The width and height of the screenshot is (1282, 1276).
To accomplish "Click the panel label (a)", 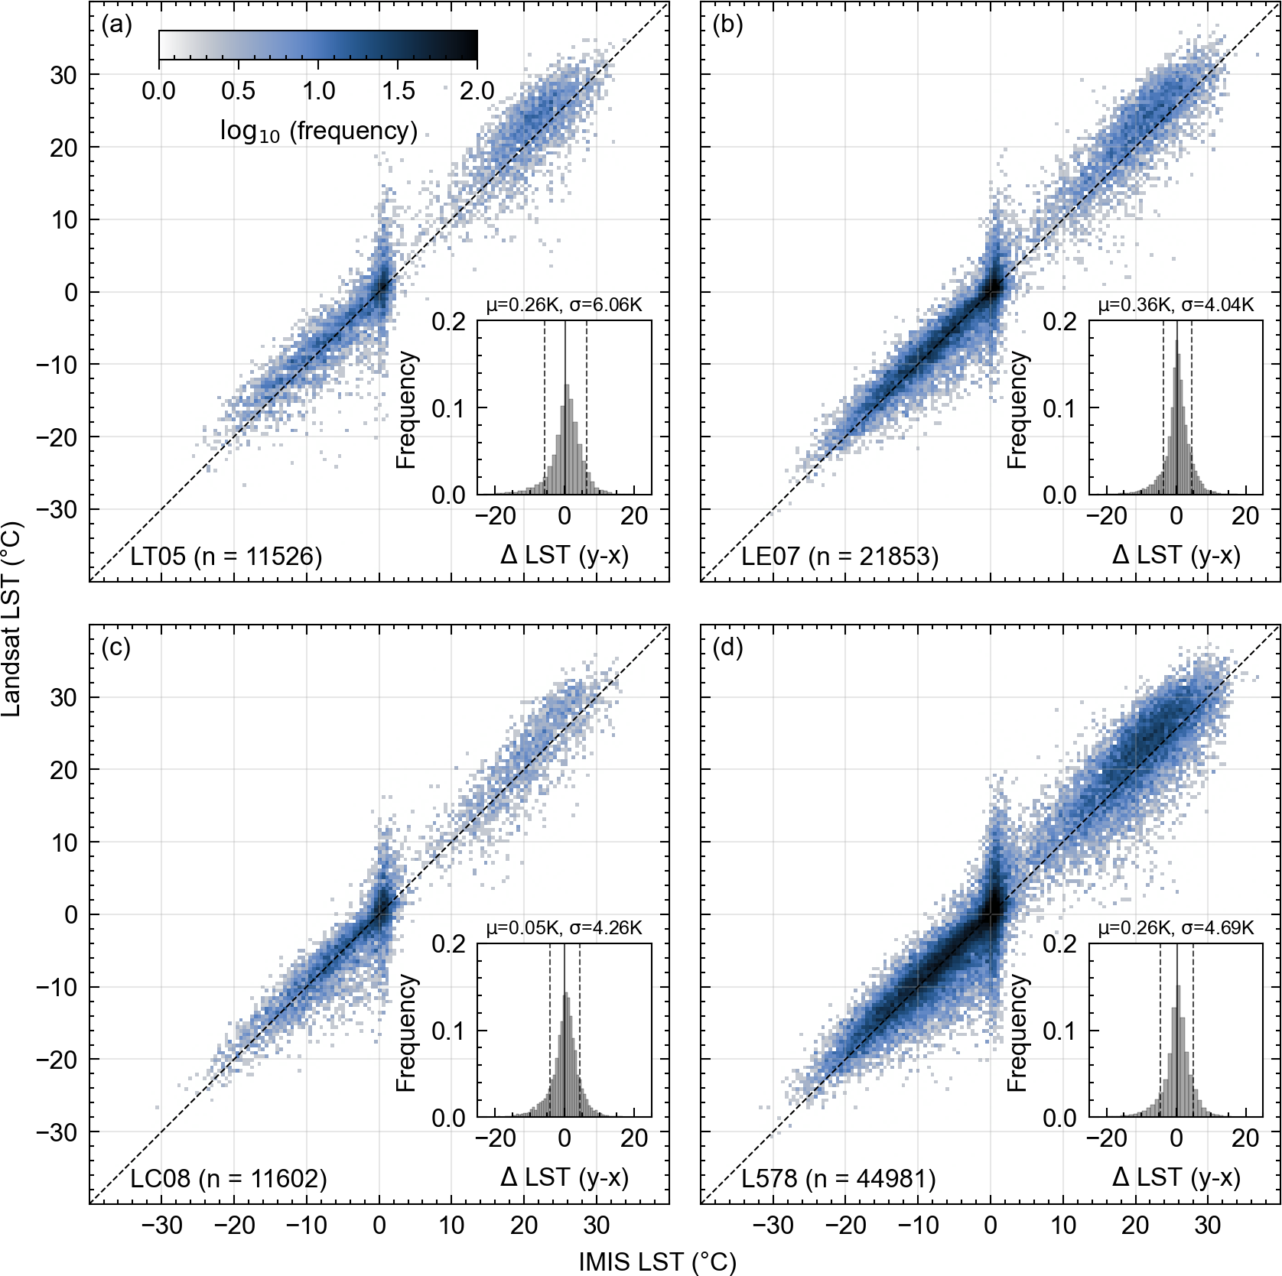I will pos(116,25).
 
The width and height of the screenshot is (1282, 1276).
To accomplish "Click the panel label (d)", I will pos(727,648).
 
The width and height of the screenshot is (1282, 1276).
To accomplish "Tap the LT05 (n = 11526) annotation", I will pos(226,556).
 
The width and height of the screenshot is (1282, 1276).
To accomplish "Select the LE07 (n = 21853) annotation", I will pos(839,556).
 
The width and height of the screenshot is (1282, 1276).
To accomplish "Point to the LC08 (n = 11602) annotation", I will pos(228,1178).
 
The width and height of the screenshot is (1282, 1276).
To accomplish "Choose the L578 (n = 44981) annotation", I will pos(838,1178).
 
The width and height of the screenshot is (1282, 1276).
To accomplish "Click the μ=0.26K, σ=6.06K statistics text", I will pos(564,305).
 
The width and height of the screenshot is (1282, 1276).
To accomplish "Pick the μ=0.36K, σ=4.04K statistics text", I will pos(1176,305).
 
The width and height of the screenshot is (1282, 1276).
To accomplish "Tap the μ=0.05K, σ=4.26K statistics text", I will pos(564,927).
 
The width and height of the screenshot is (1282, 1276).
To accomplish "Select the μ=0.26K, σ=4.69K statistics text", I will pos(1176,927).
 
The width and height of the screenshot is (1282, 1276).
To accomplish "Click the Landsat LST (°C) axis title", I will pos(12,619).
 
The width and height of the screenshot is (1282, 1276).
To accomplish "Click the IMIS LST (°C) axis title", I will pos(657,1261).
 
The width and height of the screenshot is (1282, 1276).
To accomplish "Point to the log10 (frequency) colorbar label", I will pos(318,131).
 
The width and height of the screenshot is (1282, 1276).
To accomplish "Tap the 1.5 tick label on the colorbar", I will pos(399,91).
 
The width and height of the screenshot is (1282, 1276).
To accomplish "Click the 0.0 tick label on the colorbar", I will pos(158,91).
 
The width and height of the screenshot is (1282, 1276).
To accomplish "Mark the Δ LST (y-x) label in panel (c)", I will pos(565,1177).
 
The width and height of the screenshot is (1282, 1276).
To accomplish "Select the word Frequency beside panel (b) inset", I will pos(1017,410).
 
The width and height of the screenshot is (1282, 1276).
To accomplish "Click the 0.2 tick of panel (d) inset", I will pos(1059,944).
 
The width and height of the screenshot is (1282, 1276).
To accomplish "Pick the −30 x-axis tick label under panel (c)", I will pos(162,1226).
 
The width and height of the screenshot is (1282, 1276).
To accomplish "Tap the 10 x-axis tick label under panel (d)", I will pos(1062,1226).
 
